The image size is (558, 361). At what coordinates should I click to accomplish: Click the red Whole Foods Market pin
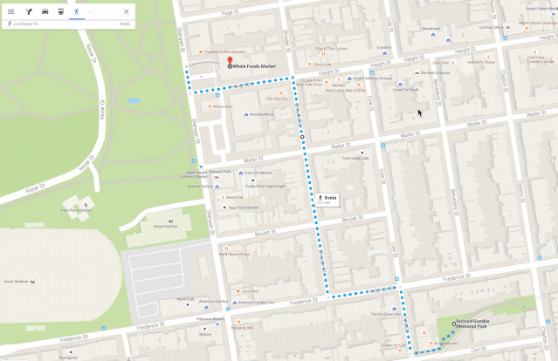[230, 51]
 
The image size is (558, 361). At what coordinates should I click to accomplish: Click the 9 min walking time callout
[327, 200]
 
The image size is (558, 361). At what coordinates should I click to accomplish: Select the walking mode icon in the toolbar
[76, 11]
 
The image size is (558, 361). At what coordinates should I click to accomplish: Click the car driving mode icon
[45, 11]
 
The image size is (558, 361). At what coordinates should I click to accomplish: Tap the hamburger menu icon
[10, 11]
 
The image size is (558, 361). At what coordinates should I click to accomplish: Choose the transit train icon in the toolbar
[60, 11]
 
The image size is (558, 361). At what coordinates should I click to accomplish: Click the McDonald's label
[222, 106]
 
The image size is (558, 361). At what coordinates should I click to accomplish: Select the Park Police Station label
[75, 210]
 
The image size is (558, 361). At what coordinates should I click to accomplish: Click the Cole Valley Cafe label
[355, 158]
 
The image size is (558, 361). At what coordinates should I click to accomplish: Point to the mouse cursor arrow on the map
[420, 112]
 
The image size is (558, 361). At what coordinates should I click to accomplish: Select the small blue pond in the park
[133, 100]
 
